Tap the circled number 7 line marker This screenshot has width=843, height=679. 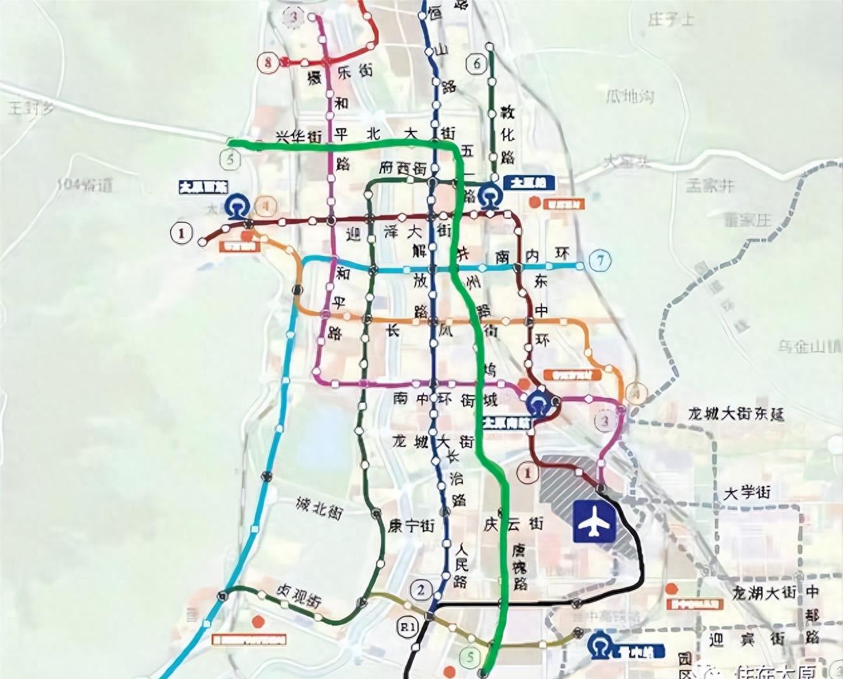click(x=600, y=260)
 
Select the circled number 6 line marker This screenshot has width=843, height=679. click(x=477, y=63)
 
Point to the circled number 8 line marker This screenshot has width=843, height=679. click(x=267, y=62)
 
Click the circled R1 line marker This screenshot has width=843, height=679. click(x=407, y=627)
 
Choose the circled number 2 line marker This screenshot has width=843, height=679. click(x=421, y=590)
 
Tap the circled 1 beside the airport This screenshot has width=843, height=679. click(x=527, y=473)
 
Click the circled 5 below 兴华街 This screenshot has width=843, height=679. click(x=230, y=159)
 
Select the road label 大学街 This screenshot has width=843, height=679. click(x=747, y=492)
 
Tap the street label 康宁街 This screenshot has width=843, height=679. click(x=411, y=525)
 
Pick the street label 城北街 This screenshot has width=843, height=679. click(x=318, y=508)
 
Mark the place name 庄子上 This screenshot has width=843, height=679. click(x=671, y=19)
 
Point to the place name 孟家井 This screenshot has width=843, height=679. click(x=710, y=185)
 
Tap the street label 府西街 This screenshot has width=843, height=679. click(x=403, y=168)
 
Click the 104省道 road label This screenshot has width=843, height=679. click(x=84, y=185)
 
